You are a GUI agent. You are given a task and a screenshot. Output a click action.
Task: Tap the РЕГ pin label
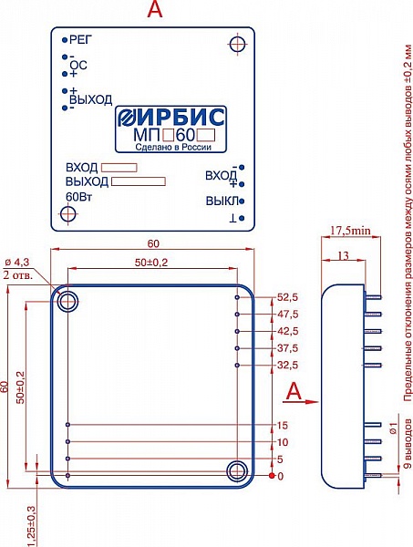pyautogui.click(x=80, y=40)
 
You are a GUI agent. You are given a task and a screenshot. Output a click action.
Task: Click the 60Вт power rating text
pyautogui.click(x=78, y=197)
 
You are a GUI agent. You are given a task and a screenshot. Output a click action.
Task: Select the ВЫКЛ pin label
pyautogui.click(x=222, y=201)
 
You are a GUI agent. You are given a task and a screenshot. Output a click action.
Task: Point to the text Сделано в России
pyautogui.click(x=173, y=147)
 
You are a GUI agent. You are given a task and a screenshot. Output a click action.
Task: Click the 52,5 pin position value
pyautogui.click(x=288, y=297)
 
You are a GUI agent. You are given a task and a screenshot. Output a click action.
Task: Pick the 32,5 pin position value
pyautogui.click(x=288, y=366)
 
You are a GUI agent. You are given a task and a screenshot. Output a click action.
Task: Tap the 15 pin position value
pyautogui.click(x=283, y=425)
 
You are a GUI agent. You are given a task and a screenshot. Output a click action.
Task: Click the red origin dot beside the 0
pyautogui.click(x=272, y=476)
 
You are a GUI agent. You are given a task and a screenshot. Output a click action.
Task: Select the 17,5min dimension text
pyautogui.click(x=351, y=231)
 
